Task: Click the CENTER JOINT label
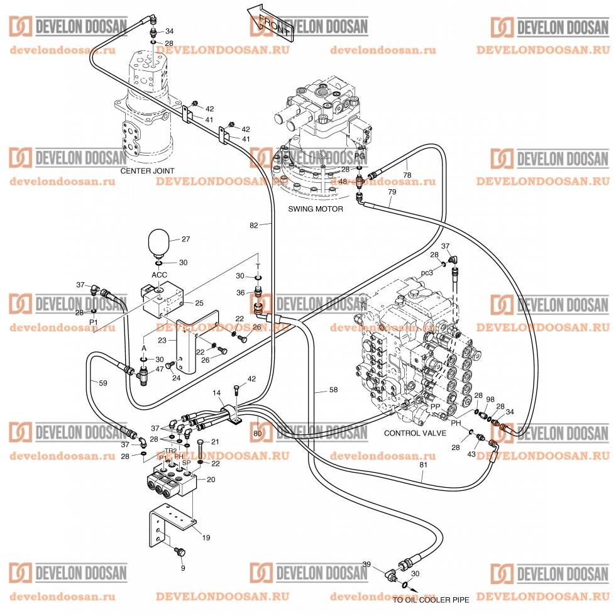[147, 170]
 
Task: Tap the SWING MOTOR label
[316, 209]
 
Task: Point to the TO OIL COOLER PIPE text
[431, 600]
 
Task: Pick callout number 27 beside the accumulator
[185, 239]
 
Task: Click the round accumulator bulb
[159, 243]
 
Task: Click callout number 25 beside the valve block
[199, 303]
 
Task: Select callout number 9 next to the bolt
[183, 568]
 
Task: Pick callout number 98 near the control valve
[491, 400]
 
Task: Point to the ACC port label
[158, 275]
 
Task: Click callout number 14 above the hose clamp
[217, 393]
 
